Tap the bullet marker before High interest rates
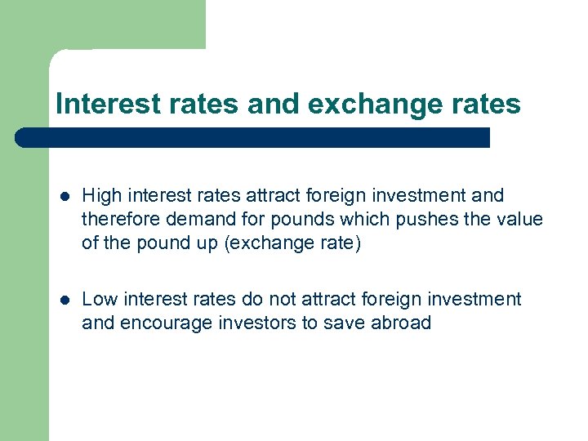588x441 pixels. coord(64,196)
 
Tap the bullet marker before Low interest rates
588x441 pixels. coord(64,301)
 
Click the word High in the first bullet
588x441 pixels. coord(100,195)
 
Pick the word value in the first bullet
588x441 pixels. coord(519,219)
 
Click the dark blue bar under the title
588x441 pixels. coord(253,137)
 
